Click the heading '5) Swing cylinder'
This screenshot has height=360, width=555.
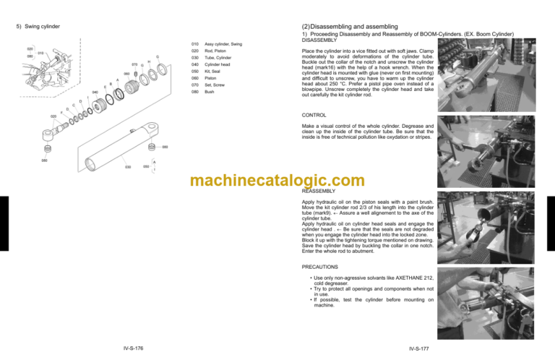(x=38, y=27)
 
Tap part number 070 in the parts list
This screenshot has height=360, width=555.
(x=194, y=82)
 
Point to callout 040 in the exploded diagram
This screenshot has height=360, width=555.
(x=95, y=92)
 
